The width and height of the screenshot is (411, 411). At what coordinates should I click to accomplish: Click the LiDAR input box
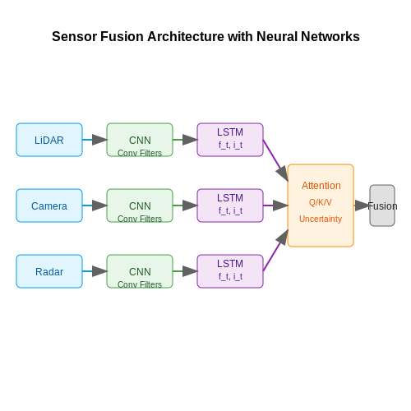[49, 140]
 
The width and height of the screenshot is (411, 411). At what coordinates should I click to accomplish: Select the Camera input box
[49, 205]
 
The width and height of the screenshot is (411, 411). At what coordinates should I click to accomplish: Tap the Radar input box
[49, 271]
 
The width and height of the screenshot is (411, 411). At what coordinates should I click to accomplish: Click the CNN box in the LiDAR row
[140, 140]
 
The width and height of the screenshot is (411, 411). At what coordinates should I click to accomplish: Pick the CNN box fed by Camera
[140, 205]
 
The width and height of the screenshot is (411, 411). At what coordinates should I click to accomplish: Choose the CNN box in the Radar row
[140, 271]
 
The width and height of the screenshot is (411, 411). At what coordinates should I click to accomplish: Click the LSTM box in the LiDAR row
[230, 140]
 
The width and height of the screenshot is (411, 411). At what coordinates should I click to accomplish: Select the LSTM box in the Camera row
[230, 205]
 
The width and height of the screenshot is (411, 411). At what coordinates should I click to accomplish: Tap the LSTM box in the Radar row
[230, 271]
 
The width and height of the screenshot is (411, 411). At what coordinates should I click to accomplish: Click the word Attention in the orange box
[321, 186]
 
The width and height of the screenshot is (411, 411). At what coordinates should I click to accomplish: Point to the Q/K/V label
[321, 202]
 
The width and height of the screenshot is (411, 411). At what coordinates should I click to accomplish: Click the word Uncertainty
[321, 219]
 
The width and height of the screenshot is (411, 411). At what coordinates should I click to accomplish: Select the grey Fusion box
[382, 205]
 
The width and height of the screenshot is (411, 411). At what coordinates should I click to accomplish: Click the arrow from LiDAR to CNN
[95, 140]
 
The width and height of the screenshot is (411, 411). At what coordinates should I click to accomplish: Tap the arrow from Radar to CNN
[95, 271]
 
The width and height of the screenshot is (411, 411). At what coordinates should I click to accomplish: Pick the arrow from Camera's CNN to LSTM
[185, 205]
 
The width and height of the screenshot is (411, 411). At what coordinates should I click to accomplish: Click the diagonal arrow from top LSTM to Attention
[275, 160]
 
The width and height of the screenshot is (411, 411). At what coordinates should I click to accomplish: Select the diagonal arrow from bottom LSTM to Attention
[275, 251]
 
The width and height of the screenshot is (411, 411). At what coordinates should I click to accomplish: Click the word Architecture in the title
[186, 36]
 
